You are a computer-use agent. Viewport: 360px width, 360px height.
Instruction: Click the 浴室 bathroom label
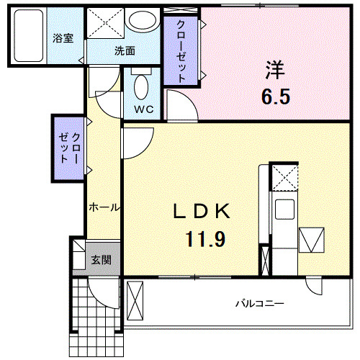click(x=63, y=39)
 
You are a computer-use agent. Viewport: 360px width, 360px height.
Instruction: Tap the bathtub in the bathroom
click(x=30, y=36)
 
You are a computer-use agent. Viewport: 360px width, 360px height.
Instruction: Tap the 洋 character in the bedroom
click(x=275, y=71)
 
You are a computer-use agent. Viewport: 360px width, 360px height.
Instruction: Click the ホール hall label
click(x=104, y=207)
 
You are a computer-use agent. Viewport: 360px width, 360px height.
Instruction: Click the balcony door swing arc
click(x=314, y=287)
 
